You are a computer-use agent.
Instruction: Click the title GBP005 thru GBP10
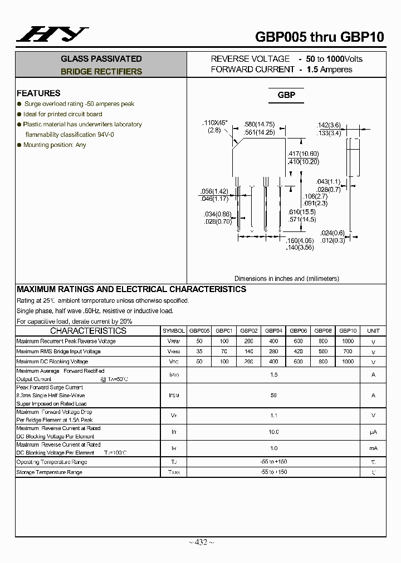click(319, 37)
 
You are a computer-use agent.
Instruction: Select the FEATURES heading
click(38, 93)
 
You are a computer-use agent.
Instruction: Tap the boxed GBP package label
click(286, 95)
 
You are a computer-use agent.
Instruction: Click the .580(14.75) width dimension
click(260, 124)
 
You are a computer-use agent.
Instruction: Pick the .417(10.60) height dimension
click(303, 154)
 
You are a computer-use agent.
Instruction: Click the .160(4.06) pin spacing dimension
click(300, 240)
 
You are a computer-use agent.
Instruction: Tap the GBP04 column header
click(273, 330)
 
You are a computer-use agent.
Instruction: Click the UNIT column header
click(373, 330)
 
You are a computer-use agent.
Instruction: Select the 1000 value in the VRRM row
click(348, 341)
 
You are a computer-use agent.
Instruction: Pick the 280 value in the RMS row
click(273, 352)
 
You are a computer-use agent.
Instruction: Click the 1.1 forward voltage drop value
click(273, 416)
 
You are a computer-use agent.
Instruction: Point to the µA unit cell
click(373, 432)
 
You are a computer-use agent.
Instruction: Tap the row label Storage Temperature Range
click(49, 472)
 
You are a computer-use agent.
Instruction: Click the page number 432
click(200, 542)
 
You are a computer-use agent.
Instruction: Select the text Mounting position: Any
click(55, 145)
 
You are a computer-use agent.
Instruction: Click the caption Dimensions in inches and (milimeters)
click(286, 279)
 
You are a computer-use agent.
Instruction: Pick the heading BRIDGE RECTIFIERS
click(101, 72)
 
